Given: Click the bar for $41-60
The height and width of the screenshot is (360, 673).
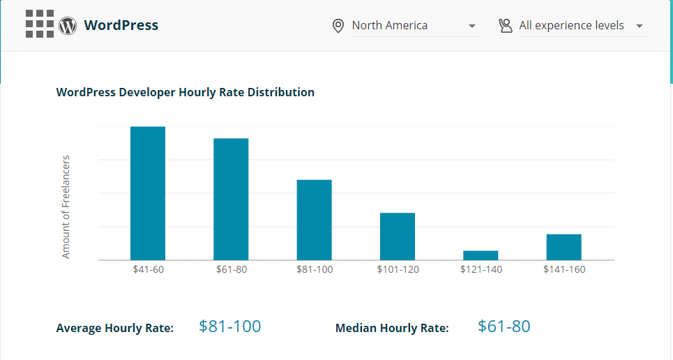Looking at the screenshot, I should pos(148,193).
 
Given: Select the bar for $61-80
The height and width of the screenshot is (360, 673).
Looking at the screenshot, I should pos(231,199).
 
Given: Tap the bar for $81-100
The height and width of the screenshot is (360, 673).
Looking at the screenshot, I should pos(314,220).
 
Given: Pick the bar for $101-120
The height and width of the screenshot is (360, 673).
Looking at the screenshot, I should pos(398,237).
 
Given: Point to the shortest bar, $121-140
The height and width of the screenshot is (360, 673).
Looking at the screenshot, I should pos(481,255).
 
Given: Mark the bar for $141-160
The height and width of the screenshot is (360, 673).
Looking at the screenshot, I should pos(564,247).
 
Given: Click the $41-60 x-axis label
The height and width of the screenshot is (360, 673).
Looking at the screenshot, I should pos(148,269).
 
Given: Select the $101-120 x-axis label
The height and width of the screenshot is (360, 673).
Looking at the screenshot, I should pos(398,269).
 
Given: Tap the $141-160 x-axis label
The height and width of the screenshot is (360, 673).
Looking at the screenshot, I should pos(564,269).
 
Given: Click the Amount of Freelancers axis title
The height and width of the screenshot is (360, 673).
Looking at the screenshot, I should pos(66,207).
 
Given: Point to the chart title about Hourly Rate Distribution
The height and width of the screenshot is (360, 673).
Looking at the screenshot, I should pos(185,92).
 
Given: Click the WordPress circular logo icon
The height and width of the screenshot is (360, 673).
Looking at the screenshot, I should pos(68,26).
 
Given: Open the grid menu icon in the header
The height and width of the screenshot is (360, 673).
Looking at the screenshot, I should pos(40,24).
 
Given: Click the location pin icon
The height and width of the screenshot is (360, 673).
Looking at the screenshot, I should pos(338,26).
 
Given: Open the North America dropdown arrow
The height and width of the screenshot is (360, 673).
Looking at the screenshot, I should pos(472,27).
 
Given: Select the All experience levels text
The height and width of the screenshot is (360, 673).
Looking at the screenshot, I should pos(571,25).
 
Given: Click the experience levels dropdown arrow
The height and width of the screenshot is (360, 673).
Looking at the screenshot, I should pos(640,27).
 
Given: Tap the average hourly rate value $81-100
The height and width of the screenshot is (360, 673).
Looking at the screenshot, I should pos(230,326).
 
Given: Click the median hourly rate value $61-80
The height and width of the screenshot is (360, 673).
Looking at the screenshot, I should pos(504,326).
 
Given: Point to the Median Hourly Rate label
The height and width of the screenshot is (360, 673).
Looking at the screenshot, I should pos(392,328).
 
